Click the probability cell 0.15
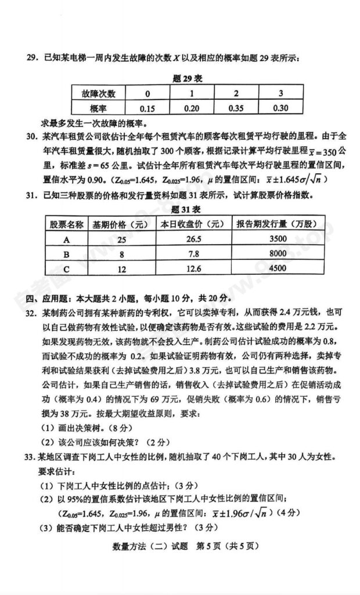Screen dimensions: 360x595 click(147, 108)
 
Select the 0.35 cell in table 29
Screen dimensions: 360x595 click(236, 108)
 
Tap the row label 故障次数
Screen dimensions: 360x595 click(95, 94)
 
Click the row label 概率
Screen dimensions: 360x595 click(95, 108)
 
